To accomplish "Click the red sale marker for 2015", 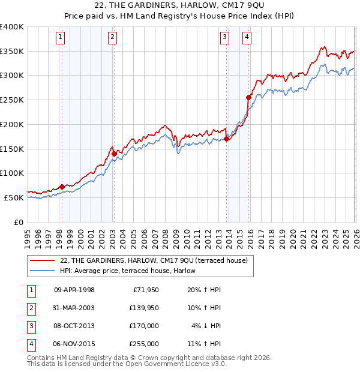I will click(x=248, y=97).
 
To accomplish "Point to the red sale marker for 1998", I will click(x=62, y=187).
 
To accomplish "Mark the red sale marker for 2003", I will click(x=114, y=154).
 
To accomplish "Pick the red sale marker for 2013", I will click(x=226, y=139).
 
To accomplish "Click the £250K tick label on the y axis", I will click(x=12, y=100).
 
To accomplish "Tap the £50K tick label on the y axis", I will click(x=14, y=197).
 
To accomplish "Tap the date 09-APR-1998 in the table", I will click(x=74, y=290).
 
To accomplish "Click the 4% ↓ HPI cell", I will click(x=206, y=326).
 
